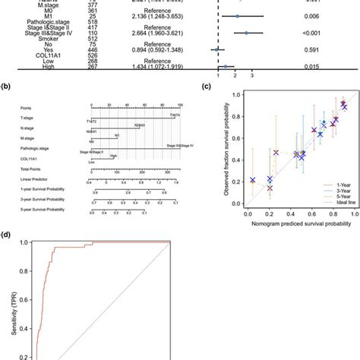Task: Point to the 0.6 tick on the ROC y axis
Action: pos(26,337)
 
